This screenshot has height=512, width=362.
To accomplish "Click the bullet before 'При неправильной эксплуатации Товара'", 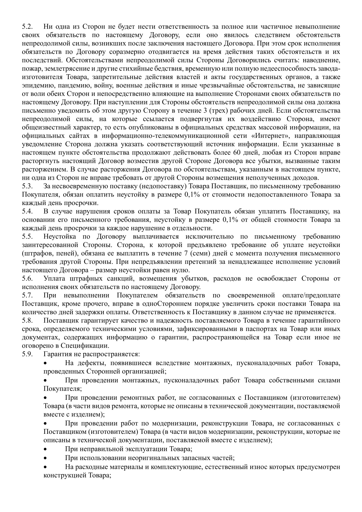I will click(46, 449).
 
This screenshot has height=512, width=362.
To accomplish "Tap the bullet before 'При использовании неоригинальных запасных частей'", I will click(46, 458).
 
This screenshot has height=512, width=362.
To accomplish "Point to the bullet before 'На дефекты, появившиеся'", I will click(46, 363).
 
